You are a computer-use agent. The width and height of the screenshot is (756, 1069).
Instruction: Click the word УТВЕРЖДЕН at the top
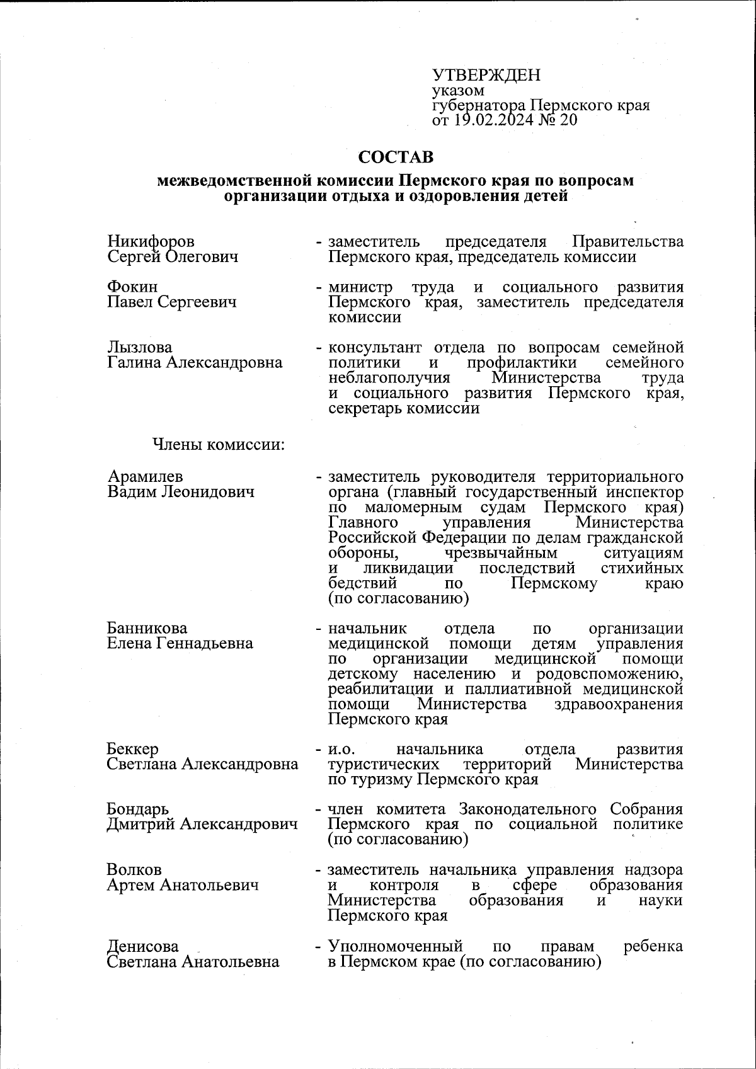[x=486, y=76]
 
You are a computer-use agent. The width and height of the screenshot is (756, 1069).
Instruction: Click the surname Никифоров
[x=151, y=241]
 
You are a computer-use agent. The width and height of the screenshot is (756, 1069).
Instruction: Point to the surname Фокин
[x=132, y=287]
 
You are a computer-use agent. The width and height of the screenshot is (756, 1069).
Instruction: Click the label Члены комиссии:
[x=219, y=445]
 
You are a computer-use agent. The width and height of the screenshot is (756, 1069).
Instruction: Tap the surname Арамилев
[x=145, y=476]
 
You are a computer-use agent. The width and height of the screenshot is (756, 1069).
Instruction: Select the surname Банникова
[x=147, y=628]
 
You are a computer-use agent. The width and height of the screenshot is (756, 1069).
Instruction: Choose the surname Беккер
[x=133, y=749]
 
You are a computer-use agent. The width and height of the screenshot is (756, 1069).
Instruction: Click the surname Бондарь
[x=138, y=809]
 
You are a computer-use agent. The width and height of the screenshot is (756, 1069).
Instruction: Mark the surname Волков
[x=134, y=870]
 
